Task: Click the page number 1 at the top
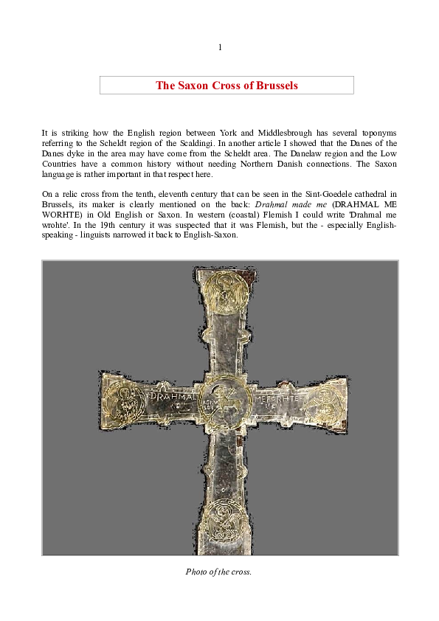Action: (x=220, y=48)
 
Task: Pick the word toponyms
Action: (x=377, y=133)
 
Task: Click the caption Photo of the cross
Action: (x=220, y=571)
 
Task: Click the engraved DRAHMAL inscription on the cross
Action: (x=173, y=396)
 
